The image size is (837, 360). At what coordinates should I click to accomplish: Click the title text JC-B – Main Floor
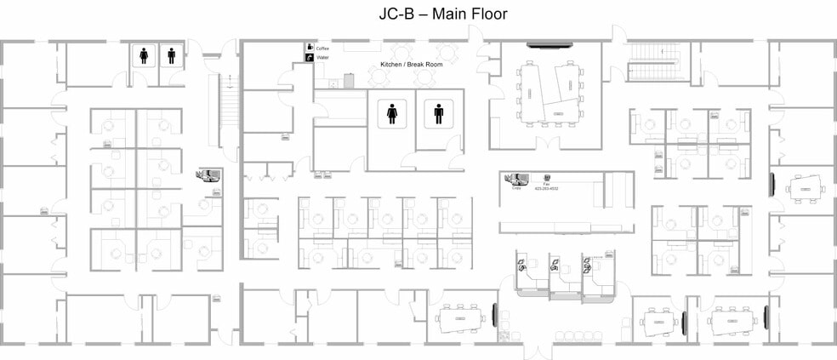coord(442,14)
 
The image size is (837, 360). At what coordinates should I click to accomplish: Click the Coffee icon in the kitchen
coord(310,47)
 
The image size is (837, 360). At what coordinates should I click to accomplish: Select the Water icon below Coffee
coord(310,57)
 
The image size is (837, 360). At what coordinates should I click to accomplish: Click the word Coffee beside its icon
coord(323,49)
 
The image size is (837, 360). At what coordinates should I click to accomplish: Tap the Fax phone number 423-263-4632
coord(547,188)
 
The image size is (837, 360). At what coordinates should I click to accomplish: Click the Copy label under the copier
coord(516,188)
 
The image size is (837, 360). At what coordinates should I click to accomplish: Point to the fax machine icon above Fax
coord(546,178)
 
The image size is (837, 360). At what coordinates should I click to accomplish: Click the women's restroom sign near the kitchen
coord(392,112)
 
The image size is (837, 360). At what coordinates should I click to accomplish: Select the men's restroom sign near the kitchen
coord(439,112)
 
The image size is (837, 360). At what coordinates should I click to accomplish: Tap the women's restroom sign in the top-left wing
coord(144,55)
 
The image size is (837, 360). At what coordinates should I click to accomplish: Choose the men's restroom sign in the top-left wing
coord(172,55)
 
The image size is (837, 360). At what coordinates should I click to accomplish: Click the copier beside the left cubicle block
coord(209,176)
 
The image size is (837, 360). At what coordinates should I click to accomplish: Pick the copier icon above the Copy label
coord(515,178)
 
